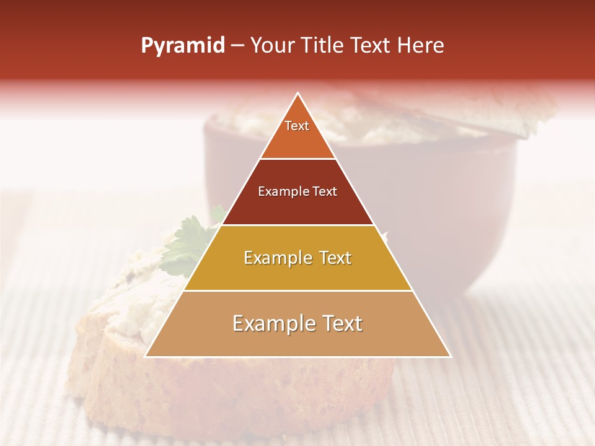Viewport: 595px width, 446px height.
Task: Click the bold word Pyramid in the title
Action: (x=183, y=46)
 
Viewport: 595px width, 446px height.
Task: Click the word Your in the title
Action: (x=273, y=45)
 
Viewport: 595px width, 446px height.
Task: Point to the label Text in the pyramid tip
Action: (x=297, y=126)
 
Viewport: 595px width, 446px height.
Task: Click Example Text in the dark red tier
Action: (x=297, y=191)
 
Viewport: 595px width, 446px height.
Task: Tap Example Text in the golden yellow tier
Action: (x=297, y=258)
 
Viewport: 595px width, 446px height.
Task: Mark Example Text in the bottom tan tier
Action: (x=297, y=323)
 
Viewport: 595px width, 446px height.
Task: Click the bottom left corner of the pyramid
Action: (x=146, y=356)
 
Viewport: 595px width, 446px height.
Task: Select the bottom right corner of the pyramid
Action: (x=451, y=356)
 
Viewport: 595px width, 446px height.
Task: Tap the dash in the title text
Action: (x=237, y=46)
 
